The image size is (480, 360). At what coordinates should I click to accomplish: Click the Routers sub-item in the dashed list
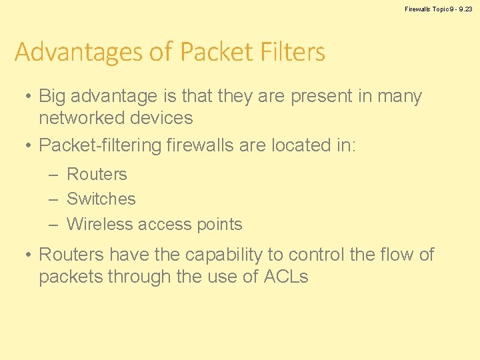click(x=97, y=175)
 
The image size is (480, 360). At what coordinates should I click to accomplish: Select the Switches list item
click(x=101, y=199)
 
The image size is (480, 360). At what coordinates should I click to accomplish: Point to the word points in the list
click(x=219, y=225)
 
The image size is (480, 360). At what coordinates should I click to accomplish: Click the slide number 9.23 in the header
click(x=465, y=9)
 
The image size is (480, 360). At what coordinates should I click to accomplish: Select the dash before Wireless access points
click(x=54, y=224)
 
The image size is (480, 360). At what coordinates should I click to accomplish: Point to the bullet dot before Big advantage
click(x=25, y=97)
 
